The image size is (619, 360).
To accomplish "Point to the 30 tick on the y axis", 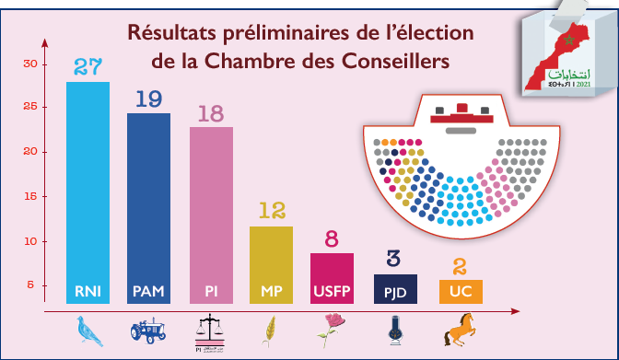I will [x=30, y=64].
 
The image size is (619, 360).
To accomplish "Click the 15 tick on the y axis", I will [x=30, y=197].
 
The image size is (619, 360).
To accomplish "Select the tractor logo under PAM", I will [x=147, y=330].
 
